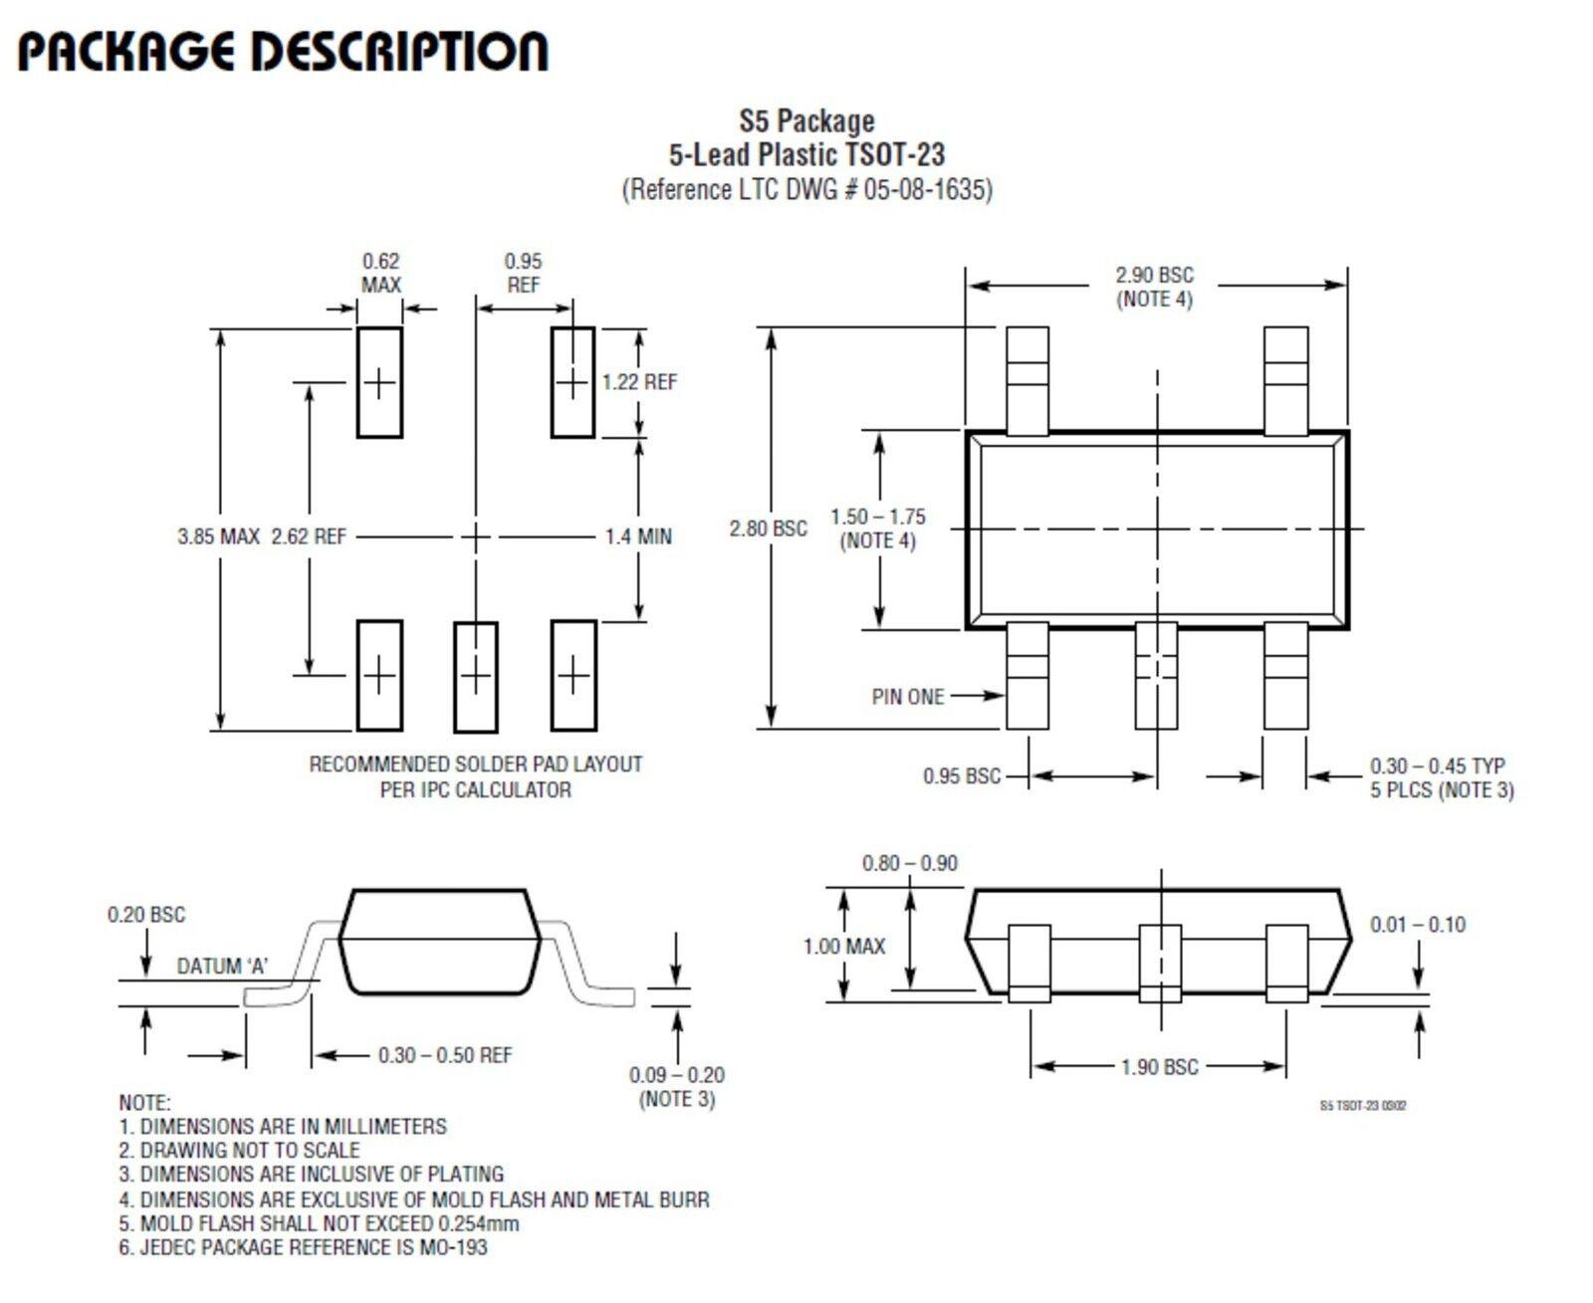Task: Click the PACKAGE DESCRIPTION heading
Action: [x=283, y=52]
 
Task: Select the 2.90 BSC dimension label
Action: [x=1154, y=276]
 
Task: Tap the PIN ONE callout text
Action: [x=907, y=697]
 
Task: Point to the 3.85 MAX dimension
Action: [x=218, y=537]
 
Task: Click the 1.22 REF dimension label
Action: [x=639, y=382]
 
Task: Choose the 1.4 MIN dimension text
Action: [x=638, y=537]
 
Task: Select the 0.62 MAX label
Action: [x=380, y=273]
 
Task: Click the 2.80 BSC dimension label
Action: [x=768, y=529]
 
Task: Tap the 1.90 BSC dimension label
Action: [x=1159, y=1067]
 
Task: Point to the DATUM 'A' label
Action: [x=222, y=967]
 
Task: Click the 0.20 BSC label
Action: [x=146, y=915]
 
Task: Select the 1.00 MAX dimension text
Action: [x=844, y=947]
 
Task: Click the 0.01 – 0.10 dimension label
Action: [x=1418, y=925]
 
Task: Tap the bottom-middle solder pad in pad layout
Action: [x=476, y=677]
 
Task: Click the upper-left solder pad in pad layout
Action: [x=379, y=382]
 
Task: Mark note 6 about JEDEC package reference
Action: [x=303, y=1247]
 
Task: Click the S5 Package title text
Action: [x=806, y=121]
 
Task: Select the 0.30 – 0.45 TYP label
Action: [x=1437, y=766]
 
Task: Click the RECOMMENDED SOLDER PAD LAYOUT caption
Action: [x=476, y=764]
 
